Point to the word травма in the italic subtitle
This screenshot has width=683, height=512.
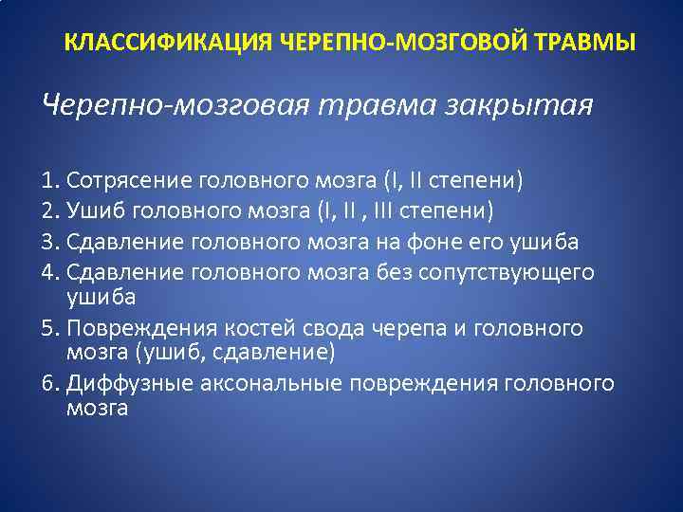pyautogui.click(x=385, y=104)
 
